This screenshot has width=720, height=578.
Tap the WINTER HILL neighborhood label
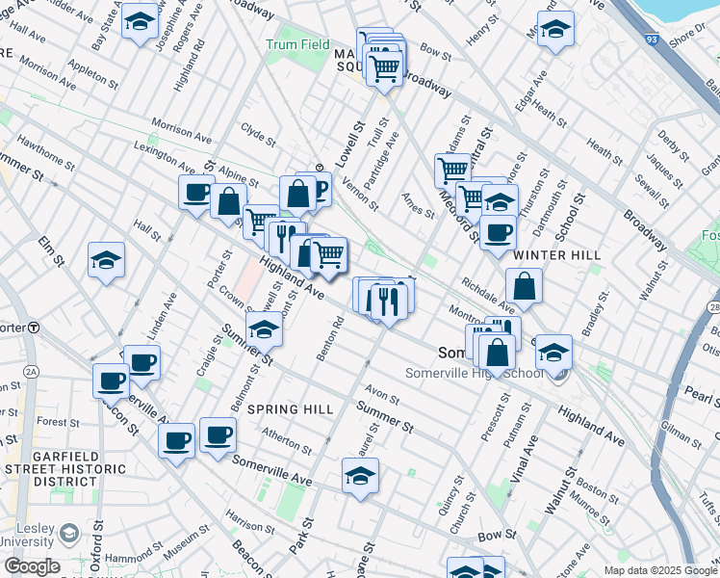[x=557, y=255]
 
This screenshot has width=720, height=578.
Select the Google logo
[x=31, y=566]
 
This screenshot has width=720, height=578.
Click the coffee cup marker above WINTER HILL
[x=498, y=232]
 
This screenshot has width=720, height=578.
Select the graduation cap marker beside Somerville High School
[x=553, y=352]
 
